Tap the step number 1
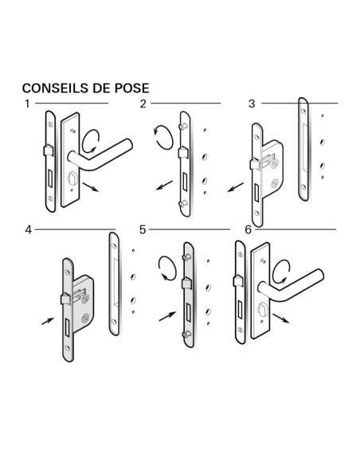(27, 104)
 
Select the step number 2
(143, 104)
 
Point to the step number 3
(252, 104)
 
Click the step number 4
(28, 229)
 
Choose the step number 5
(143, 229)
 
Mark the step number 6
(248, 229)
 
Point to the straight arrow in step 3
(234, 189)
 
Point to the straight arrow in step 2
(165, 186)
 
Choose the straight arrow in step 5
(166, 315)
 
